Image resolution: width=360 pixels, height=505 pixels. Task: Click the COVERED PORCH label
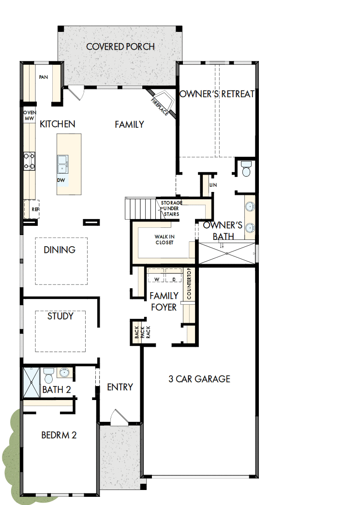coord(120,47)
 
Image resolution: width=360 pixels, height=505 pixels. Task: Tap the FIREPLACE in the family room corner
coord(160,104)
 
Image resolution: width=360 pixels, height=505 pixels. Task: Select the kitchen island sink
coord(62,163)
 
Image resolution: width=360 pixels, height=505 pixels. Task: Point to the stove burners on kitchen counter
coord(30,161)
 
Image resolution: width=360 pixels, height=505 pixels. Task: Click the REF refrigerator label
coord(34,210)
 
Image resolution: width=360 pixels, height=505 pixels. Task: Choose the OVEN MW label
coord(30,115)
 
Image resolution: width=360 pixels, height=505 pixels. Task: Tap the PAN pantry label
coord(44,77)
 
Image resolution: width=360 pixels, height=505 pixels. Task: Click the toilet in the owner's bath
coord(246,169)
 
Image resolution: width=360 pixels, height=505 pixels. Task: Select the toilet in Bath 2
coord(48,375)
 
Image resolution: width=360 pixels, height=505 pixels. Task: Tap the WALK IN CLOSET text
coord(164,239)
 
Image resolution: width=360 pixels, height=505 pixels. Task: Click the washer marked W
coord(157,280)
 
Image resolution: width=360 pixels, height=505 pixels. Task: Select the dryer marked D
coord(173,280)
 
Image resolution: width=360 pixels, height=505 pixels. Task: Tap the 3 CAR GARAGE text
coord(199,379)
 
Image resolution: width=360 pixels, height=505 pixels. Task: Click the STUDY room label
coord(60,316)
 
